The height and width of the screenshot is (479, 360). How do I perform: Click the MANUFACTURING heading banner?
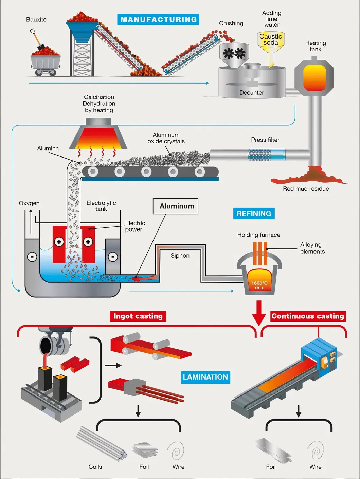[158, 19]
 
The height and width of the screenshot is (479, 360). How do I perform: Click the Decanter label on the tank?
[252, 93]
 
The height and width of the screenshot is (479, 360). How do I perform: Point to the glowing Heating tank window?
[314, 78]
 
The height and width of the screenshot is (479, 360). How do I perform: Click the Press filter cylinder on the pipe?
[267, 155]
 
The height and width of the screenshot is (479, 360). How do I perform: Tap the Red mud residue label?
[306, 189]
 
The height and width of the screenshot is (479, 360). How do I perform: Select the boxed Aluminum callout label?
[176, 206]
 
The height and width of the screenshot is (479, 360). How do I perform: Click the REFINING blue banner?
[254, 214]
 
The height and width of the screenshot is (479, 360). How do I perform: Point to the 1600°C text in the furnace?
[259, 283]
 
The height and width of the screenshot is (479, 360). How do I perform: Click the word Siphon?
[180, 256]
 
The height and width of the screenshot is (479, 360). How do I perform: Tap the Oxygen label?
[29, 203]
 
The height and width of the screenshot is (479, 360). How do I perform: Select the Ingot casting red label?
[138, 316]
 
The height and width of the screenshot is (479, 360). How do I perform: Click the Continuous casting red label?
[308, 316]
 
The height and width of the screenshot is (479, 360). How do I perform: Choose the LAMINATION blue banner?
[205, 377]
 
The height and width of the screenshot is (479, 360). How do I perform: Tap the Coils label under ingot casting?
[95, 467]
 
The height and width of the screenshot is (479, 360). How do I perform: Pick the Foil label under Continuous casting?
[271, 467]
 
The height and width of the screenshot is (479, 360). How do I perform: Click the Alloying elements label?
[312, 248]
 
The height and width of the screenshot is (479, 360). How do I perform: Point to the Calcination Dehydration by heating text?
[99, 104]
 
